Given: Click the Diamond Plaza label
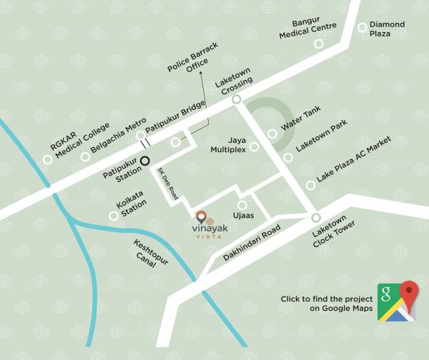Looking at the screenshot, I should pos(387,29).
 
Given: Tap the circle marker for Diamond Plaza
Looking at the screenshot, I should pos(363,27).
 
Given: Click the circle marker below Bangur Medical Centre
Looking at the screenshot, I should pos(319,44).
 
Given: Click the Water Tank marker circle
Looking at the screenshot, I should pos(272,134).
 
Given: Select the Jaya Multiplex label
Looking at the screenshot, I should pos(228,145).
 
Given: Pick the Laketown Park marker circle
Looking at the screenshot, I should pos(287,158).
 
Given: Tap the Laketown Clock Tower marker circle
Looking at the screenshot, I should pos(315,218).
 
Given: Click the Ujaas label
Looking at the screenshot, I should pos(242,214).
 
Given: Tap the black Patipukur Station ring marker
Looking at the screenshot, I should pos(145,161).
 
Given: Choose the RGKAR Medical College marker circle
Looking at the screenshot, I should pos(48,159).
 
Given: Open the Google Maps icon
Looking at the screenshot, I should pos(398,301).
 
